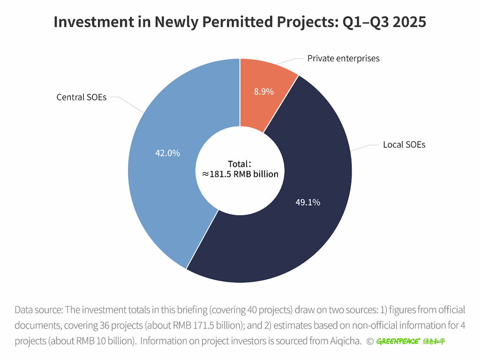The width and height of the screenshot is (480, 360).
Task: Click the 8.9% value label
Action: coord(264,92)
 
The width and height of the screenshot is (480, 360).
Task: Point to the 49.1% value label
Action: coord(307,202)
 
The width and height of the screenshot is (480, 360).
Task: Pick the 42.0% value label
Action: coord(167,153)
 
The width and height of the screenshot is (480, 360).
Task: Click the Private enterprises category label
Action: coord(343,59)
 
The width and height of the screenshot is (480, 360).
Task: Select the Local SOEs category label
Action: coord(404,144)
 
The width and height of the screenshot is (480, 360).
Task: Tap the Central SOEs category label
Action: coord(82,97)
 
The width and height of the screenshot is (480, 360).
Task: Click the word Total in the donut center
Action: coord(238,164)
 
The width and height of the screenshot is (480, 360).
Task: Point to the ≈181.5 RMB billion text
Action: coord(240,174)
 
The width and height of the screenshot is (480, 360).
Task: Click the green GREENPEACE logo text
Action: coord(397,341)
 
